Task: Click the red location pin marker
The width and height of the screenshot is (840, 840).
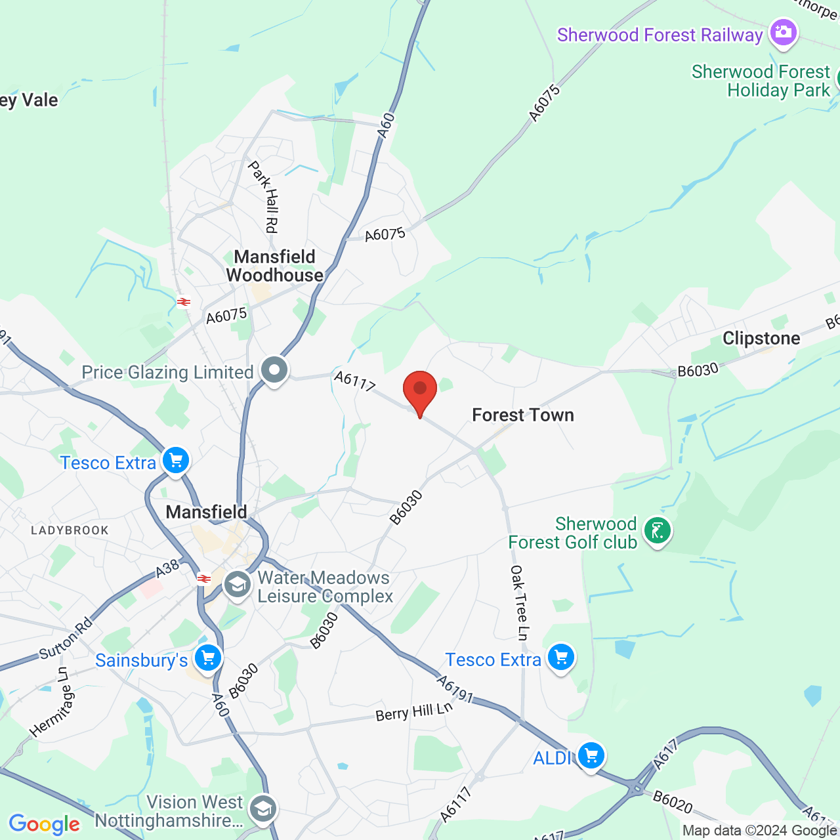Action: (420, 391)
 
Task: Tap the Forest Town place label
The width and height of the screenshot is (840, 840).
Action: (523, 415)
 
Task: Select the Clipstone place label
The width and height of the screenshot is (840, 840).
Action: (761, 339)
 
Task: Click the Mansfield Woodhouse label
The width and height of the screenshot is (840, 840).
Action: (275, 266)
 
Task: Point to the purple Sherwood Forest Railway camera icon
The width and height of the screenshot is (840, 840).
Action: (783, 32)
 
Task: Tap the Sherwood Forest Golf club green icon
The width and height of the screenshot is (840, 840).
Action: (658, 530)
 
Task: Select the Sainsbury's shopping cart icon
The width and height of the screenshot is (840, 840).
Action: (208, 658)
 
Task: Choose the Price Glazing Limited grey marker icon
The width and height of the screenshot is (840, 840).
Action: (274, 370)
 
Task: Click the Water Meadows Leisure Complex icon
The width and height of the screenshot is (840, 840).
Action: (237, 584)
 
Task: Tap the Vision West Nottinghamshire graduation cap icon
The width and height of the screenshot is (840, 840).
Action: (263, 808)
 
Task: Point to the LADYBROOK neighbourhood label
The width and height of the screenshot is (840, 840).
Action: (70, 530)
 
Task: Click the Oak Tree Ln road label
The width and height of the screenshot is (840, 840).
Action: (519, 602)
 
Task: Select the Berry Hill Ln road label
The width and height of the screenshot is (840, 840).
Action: (414, 711)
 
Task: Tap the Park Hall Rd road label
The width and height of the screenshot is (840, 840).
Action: (264, 197)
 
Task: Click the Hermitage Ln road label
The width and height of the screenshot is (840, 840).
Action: (52, 703)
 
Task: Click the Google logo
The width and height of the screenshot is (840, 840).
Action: (44, 824)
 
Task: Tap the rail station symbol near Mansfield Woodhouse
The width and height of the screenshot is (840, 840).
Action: (184, 302)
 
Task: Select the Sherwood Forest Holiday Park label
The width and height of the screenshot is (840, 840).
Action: (761, 81)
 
